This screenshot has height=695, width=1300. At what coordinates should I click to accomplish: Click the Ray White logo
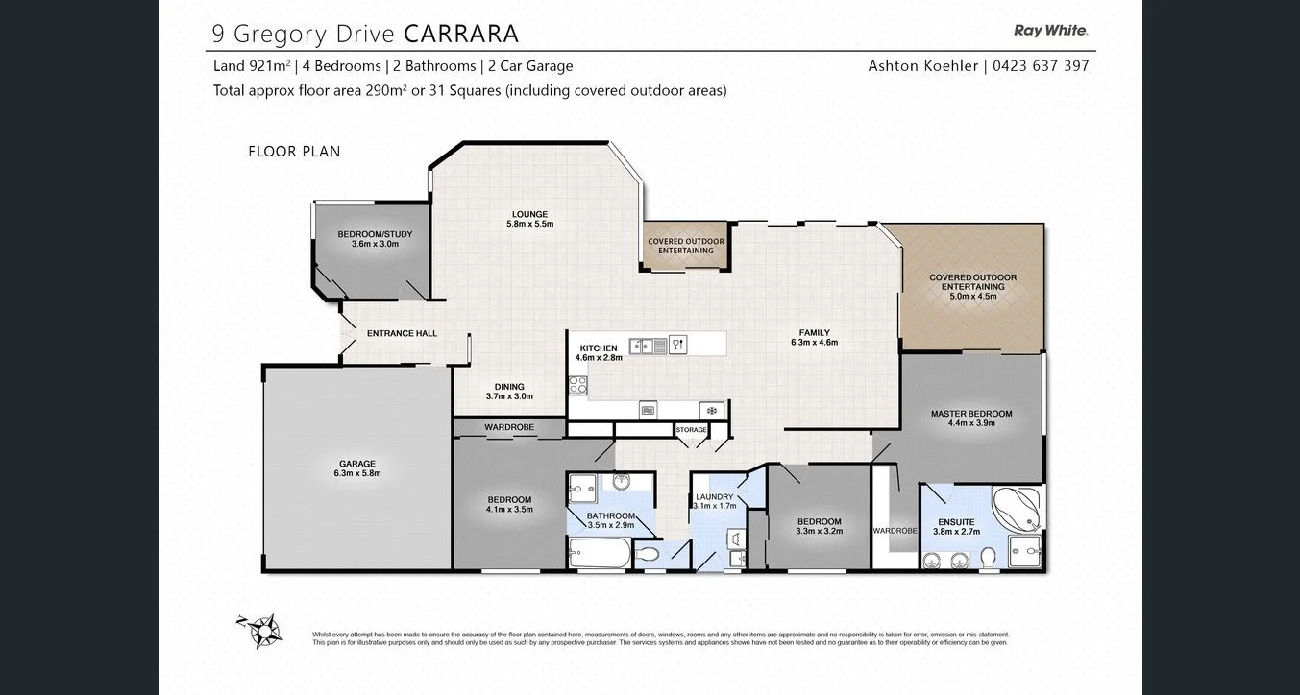[1050, 31]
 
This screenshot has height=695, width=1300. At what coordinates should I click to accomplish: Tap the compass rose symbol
[260, 630]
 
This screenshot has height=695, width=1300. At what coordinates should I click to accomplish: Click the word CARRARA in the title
[461, 34]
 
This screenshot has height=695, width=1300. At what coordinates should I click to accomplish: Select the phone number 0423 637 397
[1042, 66]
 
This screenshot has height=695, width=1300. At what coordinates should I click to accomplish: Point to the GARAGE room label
[356, 464]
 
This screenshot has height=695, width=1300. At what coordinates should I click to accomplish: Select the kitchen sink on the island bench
[643, 346]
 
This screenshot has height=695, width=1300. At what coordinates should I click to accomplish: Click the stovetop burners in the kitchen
[578, 385]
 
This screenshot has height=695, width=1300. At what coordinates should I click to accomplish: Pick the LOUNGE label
[529, 214]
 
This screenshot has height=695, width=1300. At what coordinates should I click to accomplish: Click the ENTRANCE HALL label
[402, 333]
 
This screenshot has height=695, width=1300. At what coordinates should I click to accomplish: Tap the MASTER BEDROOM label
[971, 414]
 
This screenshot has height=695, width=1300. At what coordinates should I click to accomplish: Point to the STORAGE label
[691, 429]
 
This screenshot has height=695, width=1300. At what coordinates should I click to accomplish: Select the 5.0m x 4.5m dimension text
[972, 297]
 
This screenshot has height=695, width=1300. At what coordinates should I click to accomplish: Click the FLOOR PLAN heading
[294, 152]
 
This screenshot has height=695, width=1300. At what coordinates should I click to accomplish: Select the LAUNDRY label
[715, 496]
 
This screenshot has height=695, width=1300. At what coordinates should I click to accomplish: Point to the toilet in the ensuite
[989, 557]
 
